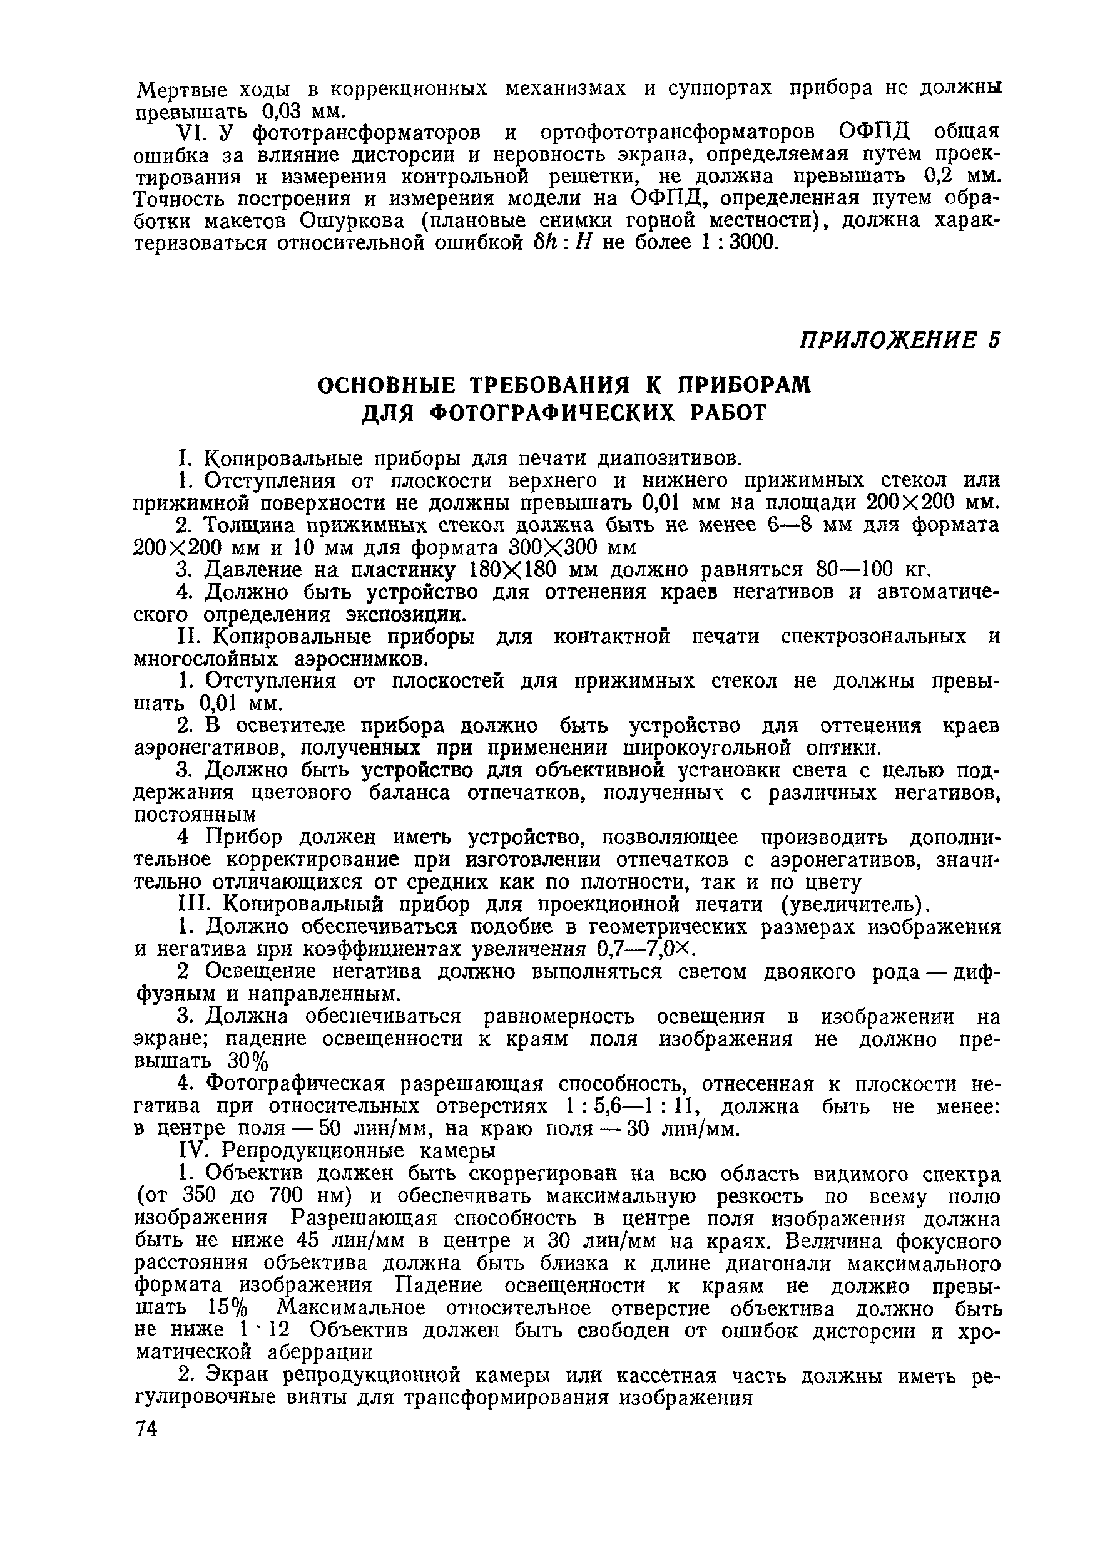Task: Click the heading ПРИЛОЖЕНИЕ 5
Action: [x=900, y=341]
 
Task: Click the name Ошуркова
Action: [x=354, y=220]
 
